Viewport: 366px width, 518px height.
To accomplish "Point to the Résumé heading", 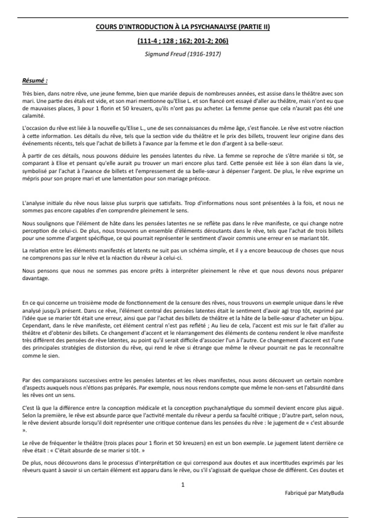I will tap(35, 81).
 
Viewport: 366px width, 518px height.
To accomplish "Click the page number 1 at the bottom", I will tap(183, 484).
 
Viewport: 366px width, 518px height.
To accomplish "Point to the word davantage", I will tap(35, 278).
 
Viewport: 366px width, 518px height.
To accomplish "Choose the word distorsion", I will tap(107, 348).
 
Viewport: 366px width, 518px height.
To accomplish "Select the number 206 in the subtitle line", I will tap(222, 41).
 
